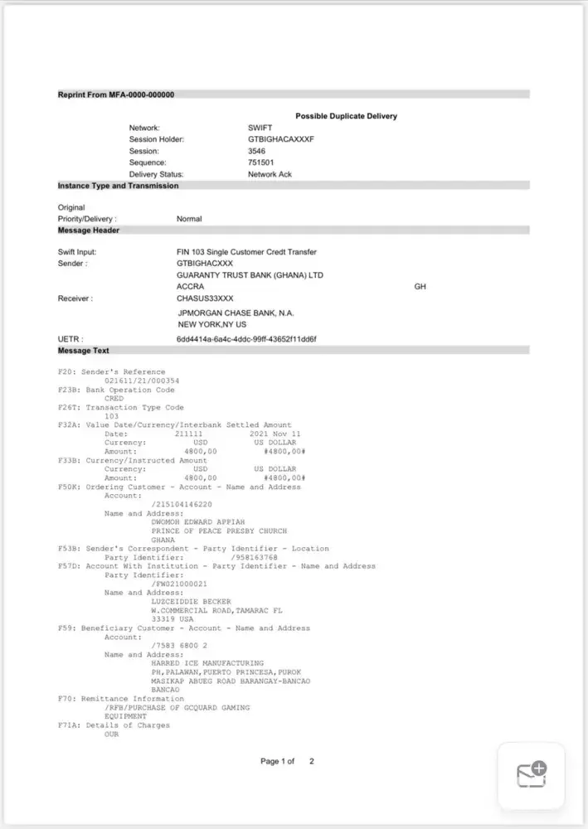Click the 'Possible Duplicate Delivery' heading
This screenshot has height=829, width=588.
point(346,116)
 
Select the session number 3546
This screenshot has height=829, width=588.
point(256,152)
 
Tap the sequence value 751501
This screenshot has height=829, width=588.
point(261,163)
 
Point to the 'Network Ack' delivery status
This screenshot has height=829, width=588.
point(270,175)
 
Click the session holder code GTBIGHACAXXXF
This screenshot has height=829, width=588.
point(281,140)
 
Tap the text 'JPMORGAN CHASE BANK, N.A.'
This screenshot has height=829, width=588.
point(236,313)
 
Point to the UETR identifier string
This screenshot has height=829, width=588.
point(246,340)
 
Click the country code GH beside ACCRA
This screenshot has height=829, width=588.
point(420,287)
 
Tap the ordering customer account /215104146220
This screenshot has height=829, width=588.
point(182,504)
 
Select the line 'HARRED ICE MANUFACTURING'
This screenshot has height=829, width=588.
point(207,663)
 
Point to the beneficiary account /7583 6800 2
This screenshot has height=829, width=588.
point(179,645)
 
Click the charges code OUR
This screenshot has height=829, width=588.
point(113,734)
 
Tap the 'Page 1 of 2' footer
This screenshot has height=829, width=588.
point(288,761)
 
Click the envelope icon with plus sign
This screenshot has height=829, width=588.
point(531,775)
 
